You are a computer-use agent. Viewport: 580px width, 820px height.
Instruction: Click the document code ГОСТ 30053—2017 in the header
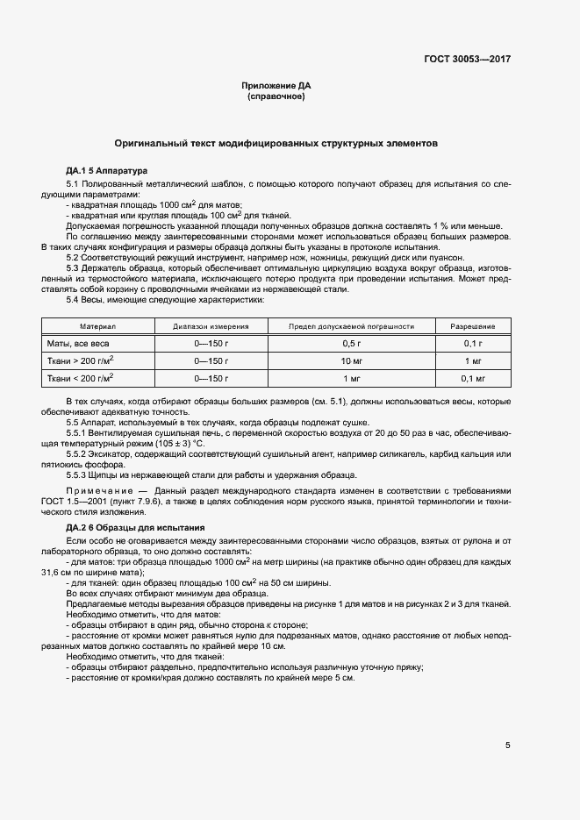click(468, 59)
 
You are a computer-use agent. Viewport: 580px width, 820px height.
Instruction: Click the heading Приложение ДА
click(276, 85)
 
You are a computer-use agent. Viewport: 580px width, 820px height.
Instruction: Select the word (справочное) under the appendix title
click(276, 96)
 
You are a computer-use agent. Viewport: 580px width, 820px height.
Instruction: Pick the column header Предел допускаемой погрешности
click(352, 325)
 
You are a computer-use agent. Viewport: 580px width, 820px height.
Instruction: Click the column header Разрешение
click(473, 325)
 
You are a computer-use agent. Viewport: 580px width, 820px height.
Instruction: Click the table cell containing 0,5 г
click(352, 343)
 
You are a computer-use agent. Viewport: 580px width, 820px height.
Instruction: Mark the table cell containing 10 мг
click(352, 360)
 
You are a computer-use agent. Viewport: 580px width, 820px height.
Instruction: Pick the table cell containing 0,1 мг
click(473, 378)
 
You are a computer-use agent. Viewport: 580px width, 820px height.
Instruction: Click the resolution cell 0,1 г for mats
click(473, 343)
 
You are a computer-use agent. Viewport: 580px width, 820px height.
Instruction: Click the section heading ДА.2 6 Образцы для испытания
click(135, 527)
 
